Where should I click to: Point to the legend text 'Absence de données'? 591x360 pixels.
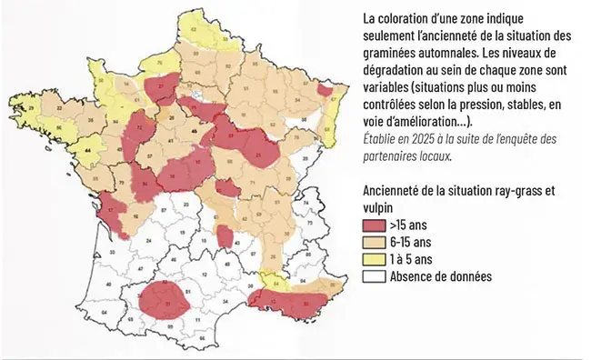pyautogui.click(x=441, y=275)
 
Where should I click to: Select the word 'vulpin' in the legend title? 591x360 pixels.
pyautogui.click(x=379, y=207)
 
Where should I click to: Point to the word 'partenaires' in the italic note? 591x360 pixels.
pyautogui.click(x=393, y=155)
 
